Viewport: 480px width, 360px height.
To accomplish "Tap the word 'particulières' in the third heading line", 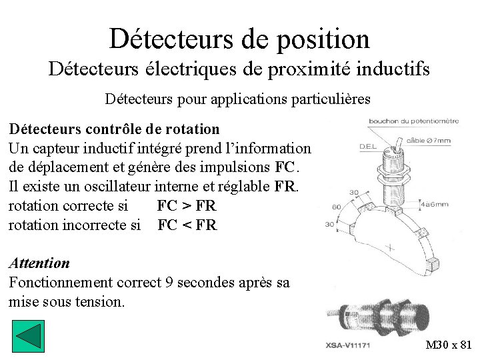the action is [x=331, y=99].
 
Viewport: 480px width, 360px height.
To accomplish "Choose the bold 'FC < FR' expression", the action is [x=187, y=225].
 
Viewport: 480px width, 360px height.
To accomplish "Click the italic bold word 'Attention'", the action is [x=39, y=263].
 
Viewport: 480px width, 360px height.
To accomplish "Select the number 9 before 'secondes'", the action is [x=170, y=282].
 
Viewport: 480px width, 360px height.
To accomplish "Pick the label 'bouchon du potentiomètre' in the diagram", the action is [x=413, y=121].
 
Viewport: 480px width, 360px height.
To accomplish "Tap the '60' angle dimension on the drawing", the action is [x=336, y=207].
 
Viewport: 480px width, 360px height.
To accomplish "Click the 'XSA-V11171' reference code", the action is [x=348, y=345].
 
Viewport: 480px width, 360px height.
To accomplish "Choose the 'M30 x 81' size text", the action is [x=449, y=345].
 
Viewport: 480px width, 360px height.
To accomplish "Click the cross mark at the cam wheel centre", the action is [x=390, y=248].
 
